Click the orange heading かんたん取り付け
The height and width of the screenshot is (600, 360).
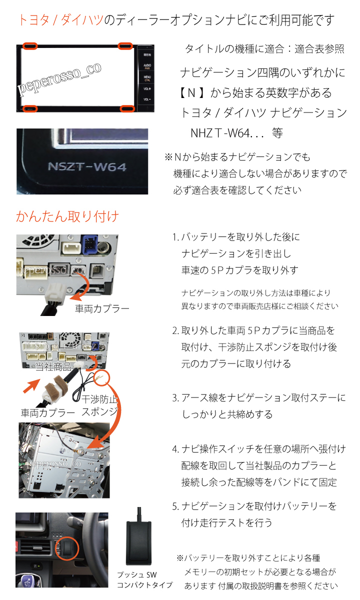tap(67, 216)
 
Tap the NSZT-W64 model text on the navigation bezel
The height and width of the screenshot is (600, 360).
tap(87, 167)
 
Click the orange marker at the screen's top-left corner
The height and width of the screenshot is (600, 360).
tap(29, 46)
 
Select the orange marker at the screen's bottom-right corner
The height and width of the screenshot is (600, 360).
tap(127, 109)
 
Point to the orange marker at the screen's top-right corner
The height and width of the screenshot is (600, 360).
tap(125, 46)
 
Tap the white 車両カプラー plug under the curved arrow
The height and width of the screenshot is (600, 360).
tap(55, 294)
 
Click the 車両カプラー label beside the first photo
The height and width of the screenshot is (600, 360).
tap(102, 309)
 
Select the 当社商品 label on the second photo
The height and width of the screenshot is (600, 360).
tap(53, 366)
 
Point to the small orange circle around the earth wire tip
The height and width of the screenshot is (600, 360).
tap(102, 377)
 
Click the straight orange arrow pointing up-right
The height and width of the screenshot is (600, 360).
tap(32, 385)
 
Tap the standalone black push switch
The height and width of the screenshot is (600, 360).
tap(139, 542)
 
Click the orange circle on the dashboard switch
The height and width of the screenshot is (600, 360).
tap(67, 548)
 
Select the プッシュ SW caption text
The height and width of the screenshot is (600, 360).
tap(137, 575)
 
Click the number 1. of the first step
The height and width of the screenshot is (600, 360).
tap(175, 237)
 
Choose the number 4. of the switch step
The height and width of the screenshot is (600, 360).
tap(175, 449)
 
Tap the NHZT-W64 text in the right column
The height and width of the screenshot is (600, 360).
tap(220, 133)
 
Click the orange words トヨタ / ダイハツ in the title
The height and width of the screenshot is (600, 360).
tap(61, 20)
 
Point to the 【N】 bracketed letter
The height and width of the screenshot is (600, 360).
tap(191, 93)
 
